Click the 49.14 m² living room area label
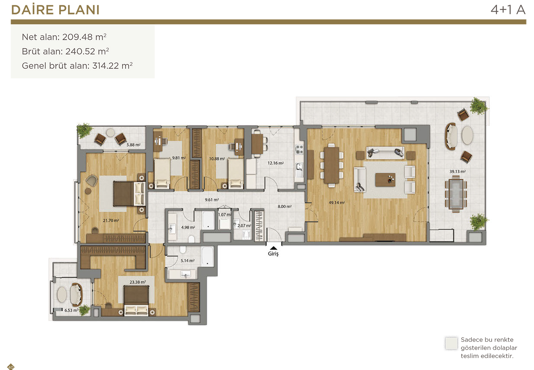[x=337, y=203]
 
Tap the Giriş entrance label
[x=273, y=254]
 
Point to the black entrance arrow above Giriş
[x=273, y=248]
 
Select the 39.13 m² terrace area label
[x=457, y=171]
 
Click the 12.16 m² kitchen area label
[x=276, y=163]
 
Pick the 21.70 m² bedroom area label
[x=111, y=221]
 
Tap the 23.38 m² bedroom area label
[x=138, y=282]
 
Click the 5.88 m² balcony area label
[x=133, y=145]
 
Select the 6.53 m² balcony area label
[x=72, y=310]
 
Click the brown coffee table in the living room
[x=385, y=180]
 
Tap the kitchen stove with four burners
[x=299, y=149]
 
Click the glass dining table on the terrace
[x=456, y=194]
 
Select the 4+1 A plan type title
[x=508, y=10]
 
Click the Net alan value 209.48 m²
[x=84, y=37]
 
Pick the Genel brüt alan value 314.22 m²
[x=112, y=65]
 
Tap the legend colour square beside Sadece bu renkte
[x=451, y=343]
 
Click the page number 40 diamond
[x=11, y=367]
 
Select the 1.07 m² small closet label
[x=225, y=215]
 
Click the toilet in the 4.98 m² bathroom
[x=191, y=239]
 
